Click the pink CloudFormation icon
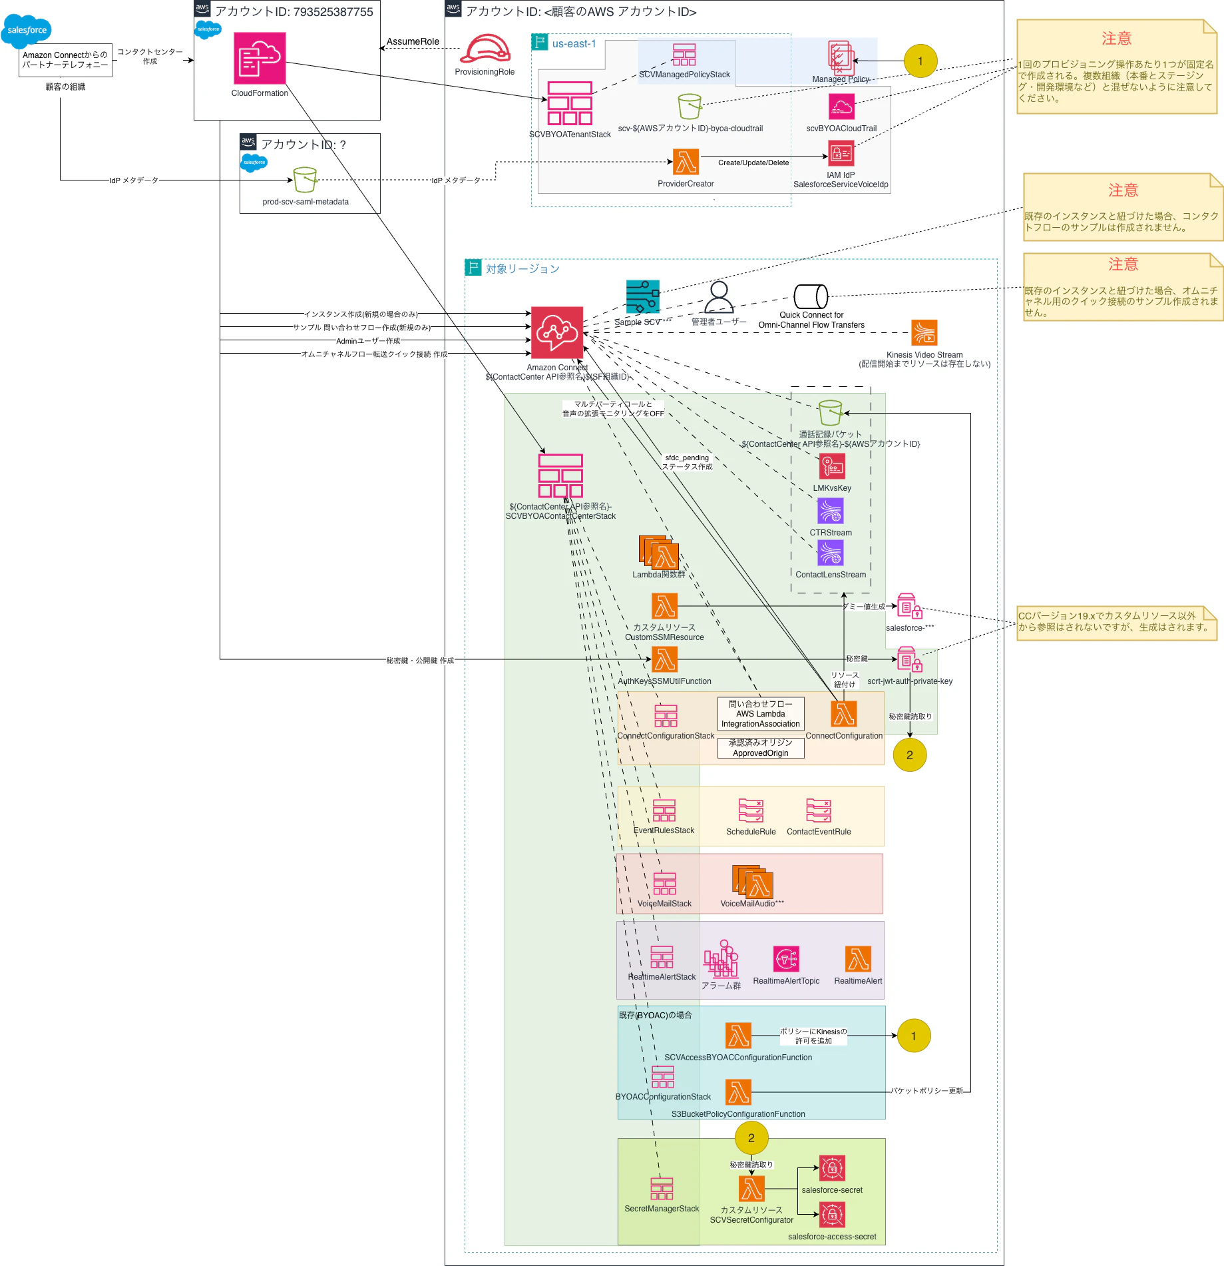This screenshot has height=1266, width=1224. point(260,58)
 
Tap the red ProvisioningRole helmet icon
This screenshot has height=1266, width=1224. point(485,49)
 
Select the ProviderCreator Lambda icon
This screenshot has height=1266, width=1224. point(686,162)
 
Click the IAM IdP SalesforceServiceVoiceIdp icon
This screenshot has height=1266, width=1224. point(841,154)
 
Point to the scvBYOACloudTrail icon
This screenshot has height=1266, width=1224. point(841,107)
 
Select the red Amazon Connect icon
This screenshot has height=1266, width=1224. point(557,332)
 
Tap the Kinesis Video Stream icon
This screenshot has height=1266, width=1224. point(924,332)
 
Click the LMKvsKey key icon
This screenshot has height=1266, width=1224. point(832,467)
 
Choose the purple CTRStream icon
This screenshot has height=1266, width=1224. point(831,511)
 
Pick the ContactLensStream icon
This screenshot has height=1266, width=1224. point(831,553)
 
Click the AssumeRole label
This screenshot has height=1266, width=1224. point(413,41)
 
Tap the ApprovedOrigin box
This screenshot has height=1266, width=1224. point(761,748)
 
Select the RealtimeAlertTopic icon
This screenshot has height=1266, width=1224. point(786,959)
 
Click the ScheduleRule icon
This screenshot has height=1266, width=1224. point(751,810)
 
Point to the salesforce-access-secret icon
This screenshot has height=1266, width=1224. point(832,1215)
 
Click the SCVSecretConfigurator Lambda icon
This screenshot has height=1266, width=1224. point(751,1189)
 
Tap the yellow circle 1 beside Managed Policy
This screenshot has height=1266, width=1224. point(920,61)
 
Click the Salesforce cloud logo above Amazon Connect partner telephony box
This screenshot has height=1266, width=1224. point(27,30)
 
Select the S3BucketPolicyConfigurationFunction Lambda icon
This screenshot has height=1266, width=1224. point(738,1092)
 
